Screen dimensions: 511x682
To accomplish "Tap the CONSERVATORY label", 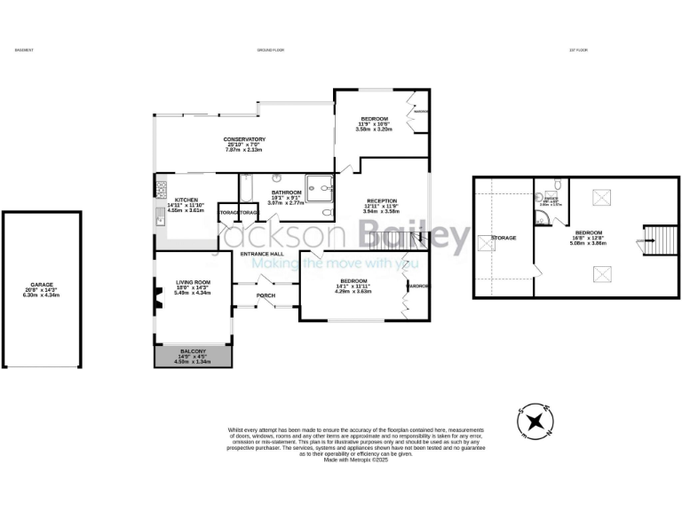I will (244, 139).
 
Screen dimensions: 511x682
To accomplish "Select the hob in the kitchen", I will (161, 188).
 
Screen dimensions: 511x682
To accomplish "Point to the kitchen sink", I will (161, 216).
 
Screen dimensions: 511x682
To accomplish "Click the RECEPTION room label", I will (380, 200).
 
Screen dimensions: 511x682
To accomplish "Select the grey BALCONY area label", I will (193, 351).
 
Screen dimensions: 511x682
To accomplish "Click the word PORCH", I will (265, 295).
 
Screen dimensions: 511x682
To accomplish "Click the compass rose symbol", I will (535, 421).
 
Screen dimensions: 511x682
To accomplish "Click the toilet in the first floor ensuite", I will (555, 184).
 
